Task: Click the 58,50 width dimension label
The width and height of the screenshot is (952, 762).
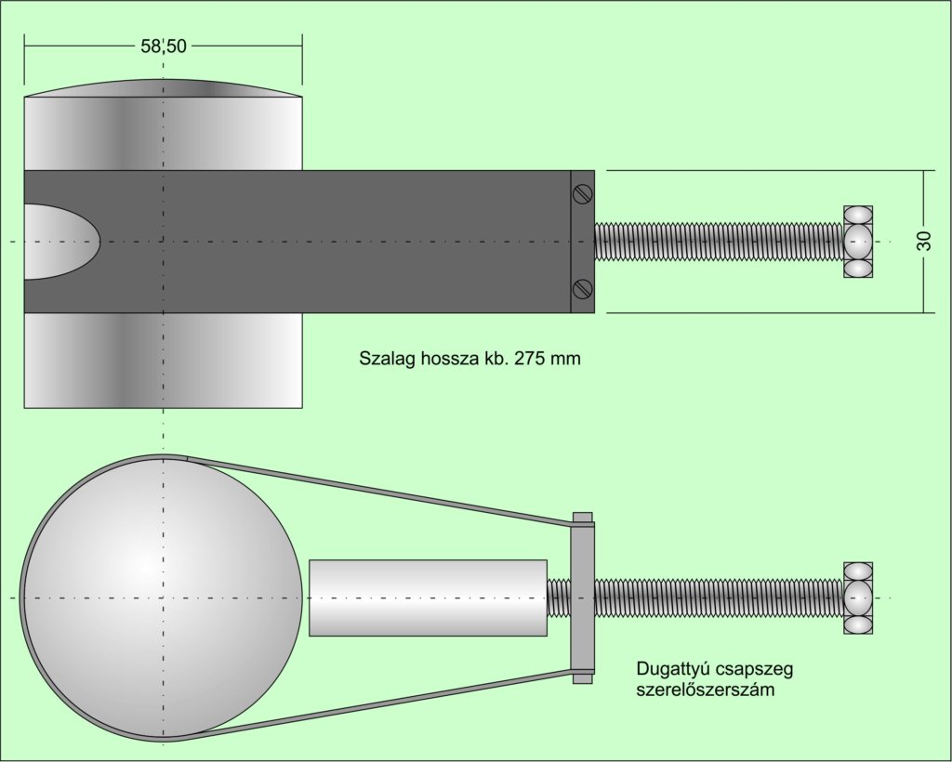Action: [x=164, y=46]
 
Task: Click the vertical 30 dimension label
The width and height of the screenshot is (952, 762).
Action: [x=923, y=241]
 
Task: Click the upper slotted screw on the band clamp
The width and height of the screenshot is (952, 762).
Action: [x=582, y=194]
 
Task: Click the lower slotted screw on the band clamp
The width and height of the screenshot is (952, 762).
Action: [x=582, y=288]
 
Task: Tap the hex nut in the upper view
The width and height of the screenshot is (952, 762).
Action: [x=857, y=242]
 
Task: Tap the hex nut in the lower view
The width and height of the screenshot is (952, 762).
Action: [x=857, y=598]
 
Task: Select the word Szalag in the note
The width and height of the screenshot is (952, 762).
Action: [x=384, y=358]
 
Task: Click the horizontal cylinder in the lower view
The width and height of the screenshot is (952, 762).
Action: [x=428, y=598]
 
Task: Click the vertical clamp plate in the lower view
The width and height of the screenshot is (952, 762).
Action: [x=582, y=598]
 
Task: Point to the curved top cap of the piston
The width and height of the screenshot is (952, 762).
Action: [x=164, y=88]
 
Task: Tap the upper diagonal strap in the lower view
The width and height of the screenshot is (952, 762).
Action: [x=381, y=491]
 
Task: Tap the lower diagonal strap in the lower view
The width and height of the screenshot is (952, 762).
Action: [x=381, y=703]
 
